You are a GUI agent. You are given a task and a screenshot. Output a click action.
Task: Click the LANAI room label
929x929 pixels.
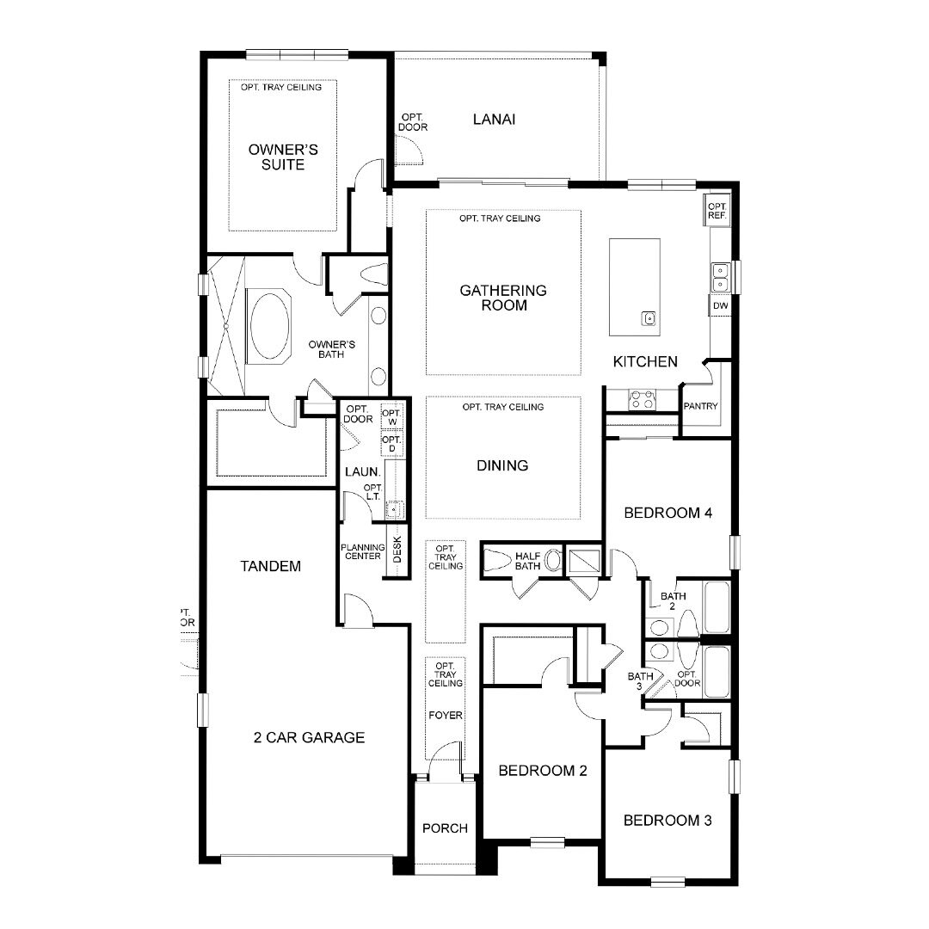pos(494,119)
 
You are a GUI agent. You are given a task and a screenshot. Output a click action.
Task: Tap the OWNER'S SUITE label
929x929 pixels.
pos(283,157)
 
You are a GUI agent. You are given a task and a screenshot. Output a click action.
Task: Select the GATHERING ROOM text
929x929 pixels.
pos(503,298)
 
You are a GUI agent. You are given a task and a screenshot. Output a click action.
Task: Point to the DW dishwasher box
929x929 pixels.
pos(720,305)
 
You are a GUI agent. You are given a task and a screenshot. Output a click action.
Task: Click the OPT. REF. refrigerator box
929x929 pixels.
pos(717,211)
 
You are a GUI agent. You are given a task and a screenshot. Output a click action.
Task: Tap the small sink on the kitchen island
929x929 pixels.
pos(649,319)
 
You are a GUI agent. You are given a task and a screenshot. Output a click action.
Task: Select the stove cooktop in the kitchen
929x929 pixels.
pos(643,399)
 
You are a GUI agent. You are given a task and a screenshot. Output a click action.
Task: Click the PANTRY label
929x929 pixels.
pos(700,406)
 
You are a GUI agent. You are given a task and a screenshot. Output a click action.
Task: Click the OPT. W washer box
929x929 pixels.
pos(391,416)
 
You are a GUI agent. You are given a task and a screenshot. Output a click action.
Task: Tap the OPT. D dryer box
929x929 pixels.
pos(391,443)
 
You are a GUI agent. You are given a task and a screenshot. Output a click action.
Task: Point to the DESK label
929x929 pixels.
pos(397,549)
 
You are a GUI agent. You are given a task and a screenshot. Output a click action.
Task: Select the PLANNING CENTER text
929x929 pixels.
pos(363,551)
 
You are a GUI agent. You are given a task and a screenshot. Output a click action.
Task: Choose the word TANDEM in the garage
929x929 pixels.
pos(271,566)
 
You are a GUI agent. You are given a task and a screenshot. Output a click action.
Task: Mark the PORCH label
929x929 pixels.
pos(445,827)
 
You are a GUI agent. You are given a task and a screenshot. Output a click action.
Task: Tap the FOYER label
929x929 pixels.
pos(445,715)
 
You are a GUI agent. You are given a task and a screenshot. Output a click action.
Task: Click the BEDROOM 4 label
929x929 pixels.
pos(668,513)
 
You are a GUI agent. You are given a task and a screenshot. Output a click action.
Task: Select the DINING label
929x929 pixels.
pos(502,465)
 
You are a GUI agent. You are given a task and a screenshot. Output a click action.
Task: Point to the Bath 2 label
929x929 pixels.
pos(673,600)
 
